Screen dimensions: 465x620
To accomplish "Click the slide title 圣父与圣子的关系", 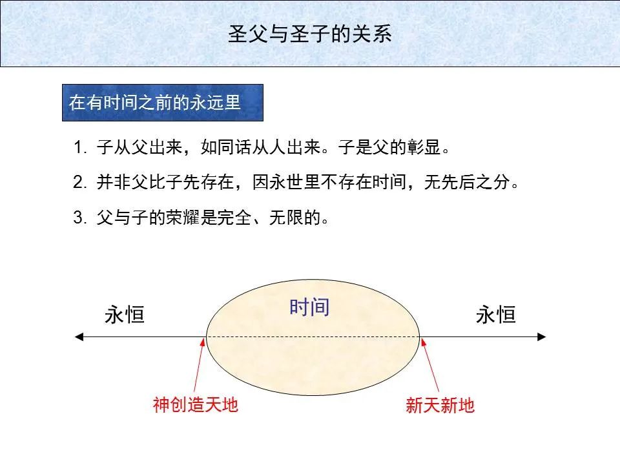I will pyautogui.click(x=310, y=34).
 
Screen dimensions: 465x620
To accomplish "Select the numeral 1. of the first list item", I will pyautogui.click(x=79, y=148).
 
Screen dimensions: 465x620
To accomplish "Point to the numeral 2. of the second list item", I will pyautogui.click(x=79, y=183).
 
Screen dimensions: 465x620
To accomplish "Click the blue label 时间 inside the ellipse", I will pyautogui.click(x=309, y=307).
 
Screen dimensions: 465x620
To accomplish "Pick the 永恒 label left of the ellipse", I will pyautogui.click(x=124, y=315).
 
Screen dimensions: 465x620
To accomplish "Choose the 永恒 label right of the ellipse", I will pyautogui.click(x=495, y=315).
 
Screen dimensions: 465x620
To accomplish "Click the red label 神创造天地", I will pyautogui.click(x=196, y=406).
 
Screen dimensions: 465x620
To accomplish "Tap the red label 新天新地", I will pyautogui.click(x=440, y=406).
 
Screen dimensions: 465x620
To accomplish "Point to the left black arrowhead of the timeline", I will pyautogui.click(x=79, y=336).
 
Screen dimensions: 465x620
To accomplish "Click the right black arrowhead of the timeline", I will pyautogui.click(x=542, y=336).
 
